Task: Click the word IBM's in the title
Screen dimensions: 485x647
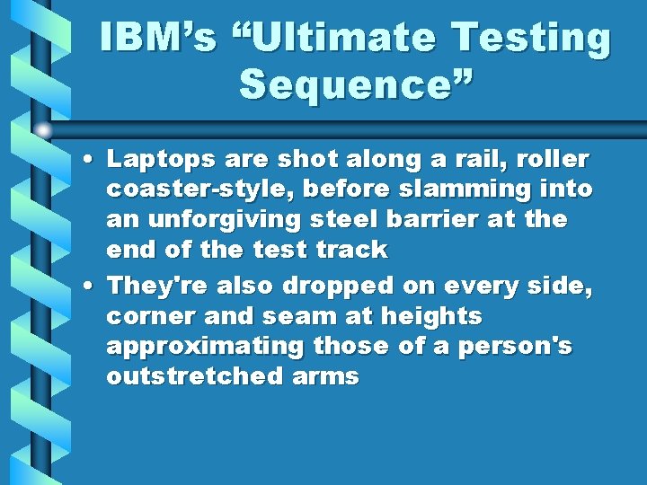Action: [x=159, y=40]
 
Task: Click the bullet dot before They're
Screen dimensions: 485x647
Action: [x=93, y=287]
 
